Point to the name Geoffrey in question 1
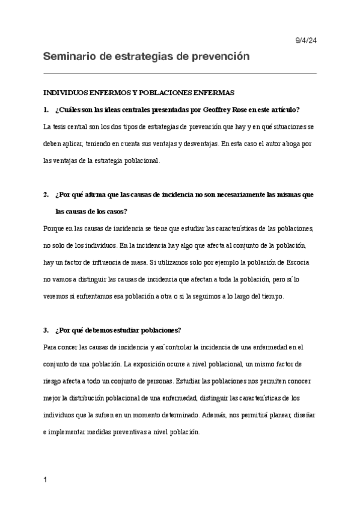[x=204, y=110]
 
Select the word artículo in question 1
[x=282, y=110]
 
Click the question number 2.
[x=46, y=195]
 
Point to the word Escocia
[x=302, y=263]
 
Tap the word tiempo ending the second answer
[x=279, y=297]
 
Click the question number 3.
[x=46, y=330]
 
